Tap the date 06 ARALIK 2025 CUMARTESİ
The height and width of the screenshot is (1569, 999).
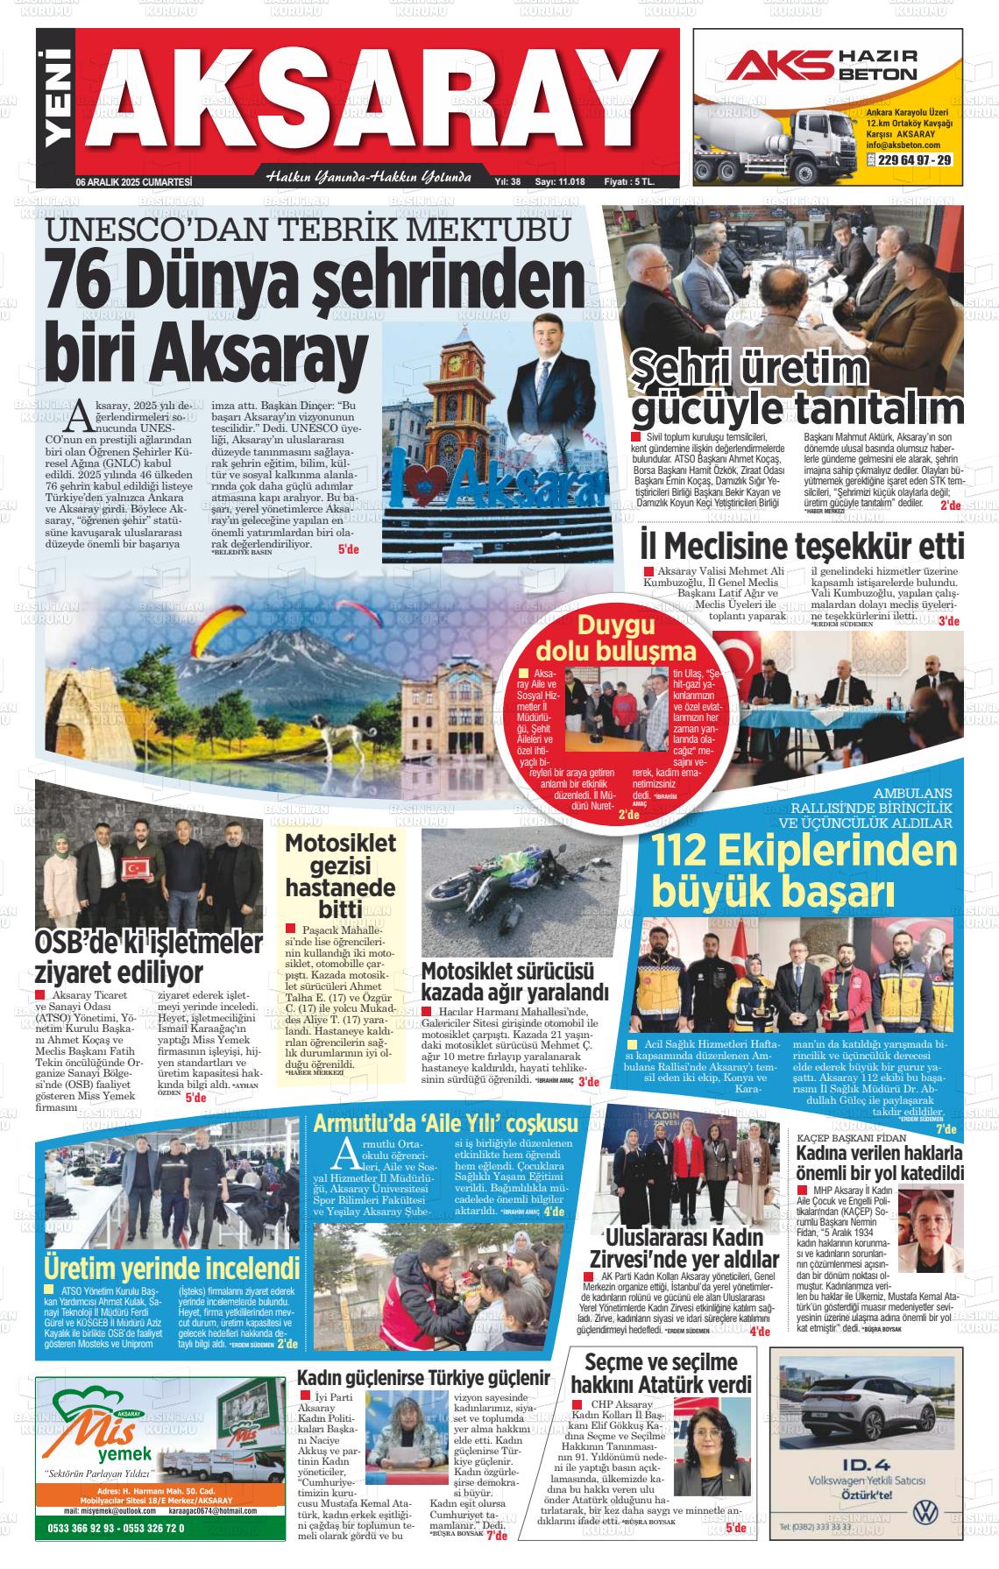click(133, 182)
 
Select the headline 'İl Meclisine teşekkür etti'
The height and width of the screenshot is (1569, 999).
click(802, 547)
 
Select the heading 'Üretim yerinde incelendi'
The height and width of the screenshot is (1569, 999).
click(172, 1268)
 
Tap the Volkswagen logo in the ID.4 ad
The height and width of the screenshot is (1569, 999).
click(925, 1512)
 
